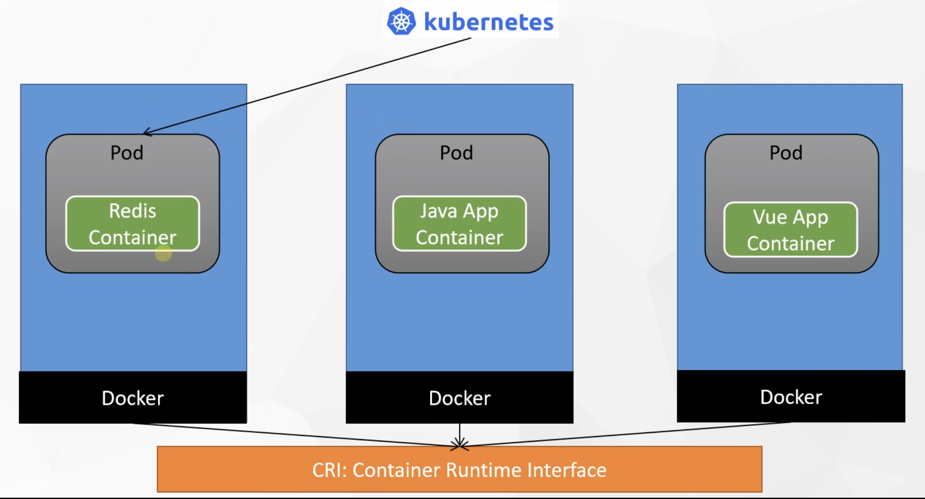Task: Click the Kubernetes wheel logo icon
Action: point(401,21)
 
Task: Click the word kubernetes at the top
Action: point(488,22)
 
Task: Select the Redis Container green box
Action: point(132,224)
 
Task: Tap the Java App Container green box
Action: point(459,224)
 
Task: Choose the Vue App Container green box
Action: point(790,230)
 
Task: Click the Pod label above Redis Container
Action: point(126,153)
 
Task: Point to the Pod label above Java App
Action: point(456,153)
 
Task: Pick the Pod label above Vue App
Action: point(786,153)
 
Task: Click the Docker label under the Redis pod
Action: point(132,398)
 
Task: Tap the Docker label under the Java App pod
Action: point(459,398)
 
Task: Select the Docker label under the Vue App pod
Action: point(791,397)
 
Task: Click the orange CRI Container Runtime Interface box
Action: point(459,470)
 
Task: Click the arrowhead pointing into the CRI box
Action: point(459,444)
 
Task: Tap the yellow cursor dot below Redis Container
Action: point(164,254)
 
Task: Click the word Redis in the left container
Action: point(132,211)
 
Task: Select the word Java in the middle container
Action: point(438,211)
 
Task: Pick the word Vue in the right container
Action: point(769,217)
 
